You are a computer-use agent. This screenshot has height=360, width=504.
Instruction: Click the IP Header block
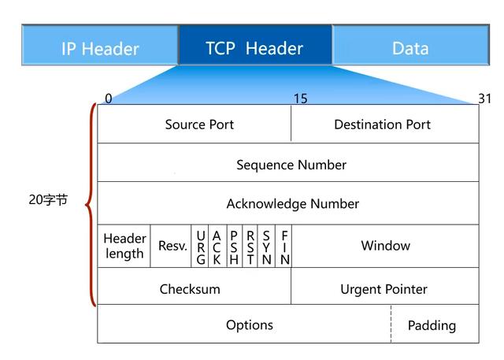tap(100, 47)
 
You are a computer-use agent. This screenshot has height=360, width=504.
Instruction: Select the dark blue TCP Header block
tap(254, 47)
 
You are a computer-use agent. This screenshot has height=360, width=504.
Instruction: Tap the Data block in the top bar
tap(410, 47)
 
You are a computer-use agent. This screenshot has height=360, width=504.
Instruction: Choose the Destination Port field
tap(384, 124)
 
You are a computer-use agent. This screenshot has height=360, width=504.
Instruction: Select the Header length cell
tap(124, 246)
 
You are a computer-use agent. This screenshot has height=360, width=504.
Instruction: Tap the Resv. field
tap(172, 246)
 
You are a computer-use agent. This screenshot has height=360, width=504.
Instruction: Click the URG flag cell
tap(201, 247)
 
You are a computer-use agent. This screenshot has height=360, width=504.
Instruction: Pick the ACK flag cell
tap(217, 247)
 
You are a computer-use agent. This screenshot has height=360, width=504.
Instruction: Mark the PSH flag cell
tap(234, 247)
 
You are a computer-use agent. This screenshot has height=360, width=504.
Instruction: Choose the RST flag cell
tap(250, 247)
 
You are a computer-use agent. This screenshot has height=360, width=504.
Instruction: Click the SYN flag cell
tap(267, 247)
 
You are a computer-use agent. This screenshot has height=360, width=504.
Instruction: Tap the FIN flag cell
tap(284, 247)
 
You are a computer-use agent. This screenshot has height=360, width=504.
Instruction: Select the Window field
tap(385, 246)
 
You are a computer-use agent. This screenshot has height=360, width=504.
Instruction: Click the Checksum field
tap(190, 289)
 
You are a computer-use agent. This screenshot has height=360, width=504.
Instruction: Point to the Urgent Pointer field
tap(384, 289)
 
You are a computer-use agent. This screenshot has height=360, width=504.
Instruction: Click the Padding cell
tap(432, 325)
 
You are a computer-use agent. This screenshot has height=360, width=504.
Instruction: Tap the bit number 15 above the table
tap(300, 98)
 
